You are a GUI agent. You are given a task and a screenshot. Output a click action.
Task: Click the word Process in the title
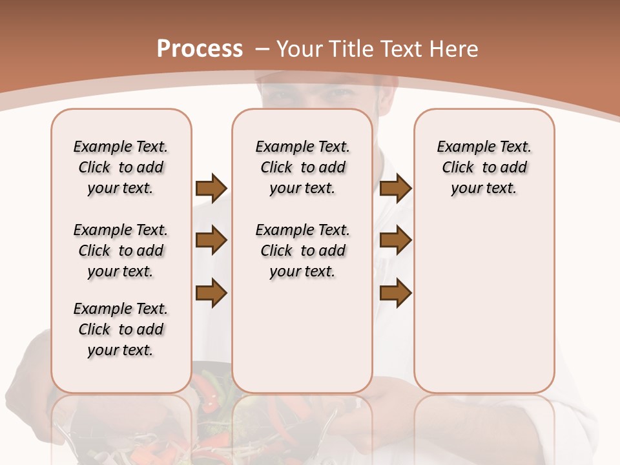[x=200, y=48]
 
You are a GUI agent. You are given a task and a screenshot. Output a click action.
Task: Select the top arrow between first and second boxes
[x=211, y=189]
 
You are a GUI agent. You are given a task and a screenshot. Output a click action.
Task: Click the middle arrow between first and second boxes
[x=211, y=241]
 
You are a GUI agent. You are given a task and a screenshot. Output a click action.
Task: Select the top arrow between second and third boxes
[x=395, y=189]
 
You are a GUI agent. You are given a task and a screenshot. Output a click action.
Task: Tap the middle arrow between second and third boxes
[x=395, y=241]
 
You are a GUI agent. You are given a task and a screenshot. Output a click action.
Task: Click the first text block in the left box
[x=121, y=167]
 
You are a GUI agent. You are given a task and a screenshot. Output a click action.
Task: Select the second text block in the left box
[x=121, y=251]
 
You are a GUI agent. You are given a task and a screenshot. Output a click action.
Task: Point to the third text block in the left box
[x=121, y=329]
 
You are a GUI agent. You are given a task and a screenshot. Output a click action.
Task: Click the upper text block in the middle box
[x=302, y=167]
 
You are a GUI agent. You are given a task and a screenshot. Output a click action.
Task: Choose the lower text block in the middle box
[x=302, y=251]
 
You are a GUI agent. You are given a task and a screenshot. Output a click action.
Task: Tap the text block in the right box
[x=484, y=167]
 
